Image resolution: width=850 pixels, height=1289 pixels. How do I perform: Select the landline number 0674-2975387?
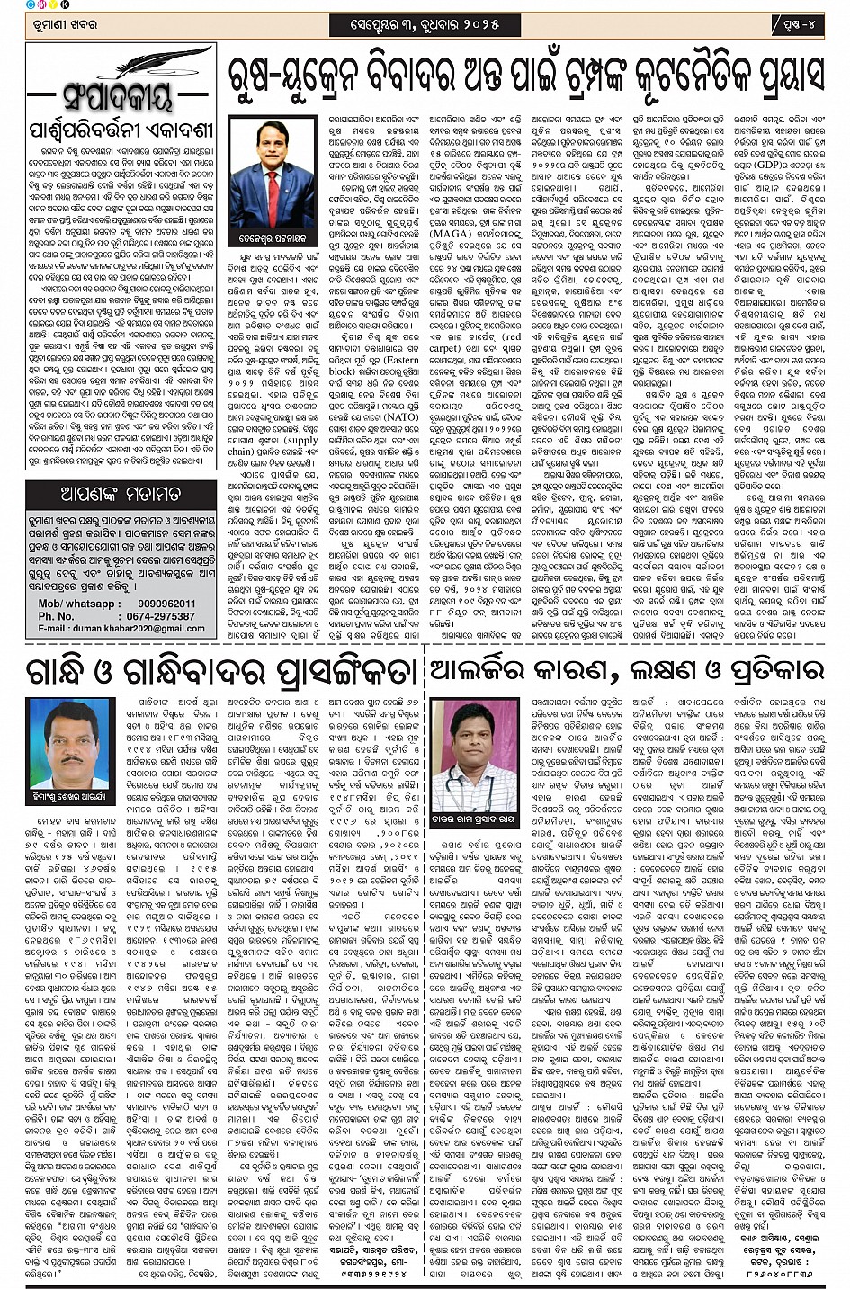click(x=161, y=616)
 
